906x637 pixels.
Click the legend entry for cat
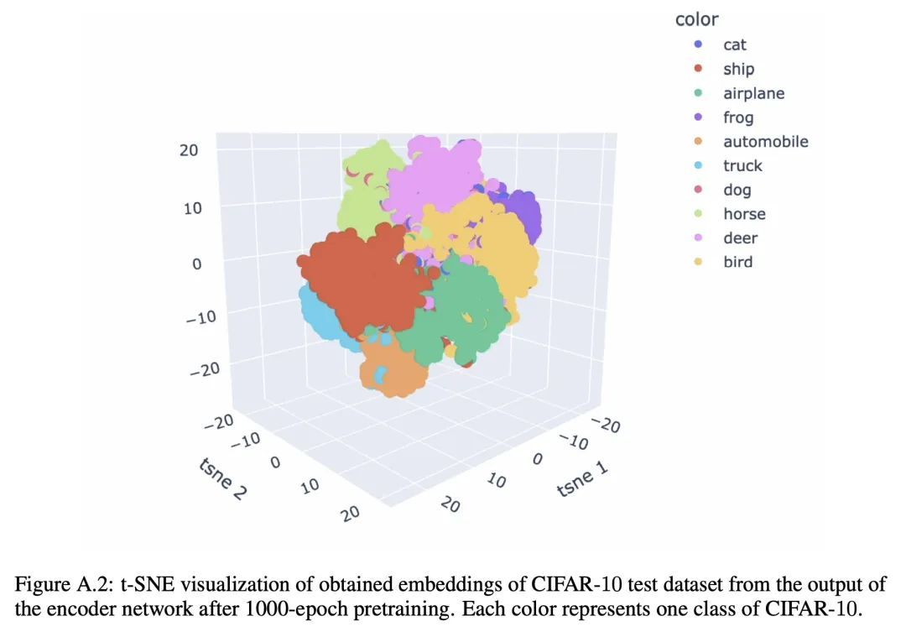tap(734, 44)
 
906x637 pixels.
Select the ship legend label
tap(738, 69)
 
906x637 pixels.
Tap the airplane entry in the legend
tap(753, 93)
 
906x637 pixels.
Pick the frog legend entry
tap(738, 117)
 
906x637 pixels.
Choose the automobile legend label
tap(765, 142)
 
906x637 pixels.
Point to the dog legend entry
tap(737, 190)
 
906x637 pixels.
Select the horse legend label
tap(744, 214)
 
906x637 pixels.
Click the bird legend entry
tap(737, 262)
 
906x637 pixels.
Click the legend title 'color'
tap(696, 19)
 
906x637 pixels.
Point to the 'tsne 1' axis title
tap(581, 480)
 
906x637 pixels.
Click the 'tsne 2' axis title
tap(222, 479)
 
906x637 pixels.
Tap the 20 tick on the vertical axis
tap(189, 151)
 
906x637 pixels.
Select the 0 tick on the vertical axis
tap(197, 264)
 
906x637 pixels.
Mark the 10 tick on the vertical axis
tap(193, 207)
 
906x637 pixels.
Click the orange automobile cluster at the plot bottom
tap(394, 369)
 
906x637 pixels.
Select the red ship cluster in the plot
tap(361, 277)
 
